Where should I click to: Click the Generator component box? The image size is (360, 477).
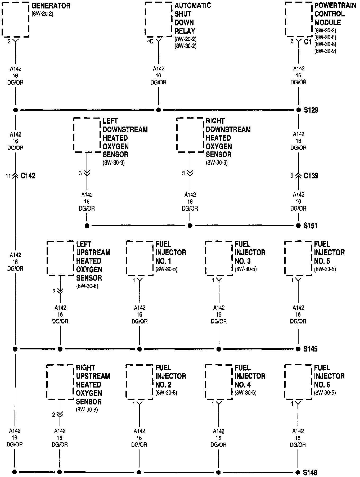coord(15,19)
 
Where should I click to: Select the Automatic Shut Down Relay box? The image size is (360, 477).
coord(159,19)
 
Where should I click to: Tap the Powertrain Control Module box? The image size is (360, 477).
coord(299,19)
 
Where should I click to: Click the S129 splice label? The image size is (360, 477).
coord(311,110)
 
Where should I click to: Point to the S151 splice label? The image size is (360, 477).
coord(310,226)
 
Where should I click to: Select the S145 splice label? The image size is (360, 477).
coord(310,349)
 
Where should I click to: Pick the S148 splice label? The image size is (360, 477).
coord(310,472)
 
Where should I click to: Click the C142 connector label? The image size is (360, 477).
coord(28,176)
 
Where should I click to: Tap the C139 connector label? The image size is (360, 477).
coord(311,176)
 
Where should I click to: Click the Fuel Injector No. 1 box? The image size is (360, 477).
coord(140,258)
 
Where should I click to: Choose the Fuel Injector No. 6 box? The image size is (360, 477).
coord(298,382)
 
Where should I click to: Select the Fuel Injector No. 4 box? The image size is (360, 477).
coord(219,382)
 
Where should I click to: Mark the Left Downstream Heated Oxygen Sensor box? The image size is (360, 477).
coord(87,135)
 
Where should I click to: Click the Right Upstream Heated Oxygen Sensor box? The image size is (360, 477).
coord(60,382)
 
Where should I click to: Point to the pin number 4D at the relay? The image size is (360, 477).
coord(150,42)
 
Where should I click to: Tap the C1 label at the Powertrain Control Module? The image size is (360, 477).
coord(308,42)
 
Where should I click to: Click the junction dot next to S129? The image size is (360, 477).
coord(299,110)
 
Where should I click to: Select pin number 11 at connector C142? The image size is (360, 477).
coord(8,176)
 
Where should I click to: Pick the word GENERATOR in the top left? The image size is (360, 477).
coord(51,6)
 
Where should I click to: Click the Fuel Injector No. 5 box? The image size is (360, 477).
coord(298,258)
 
